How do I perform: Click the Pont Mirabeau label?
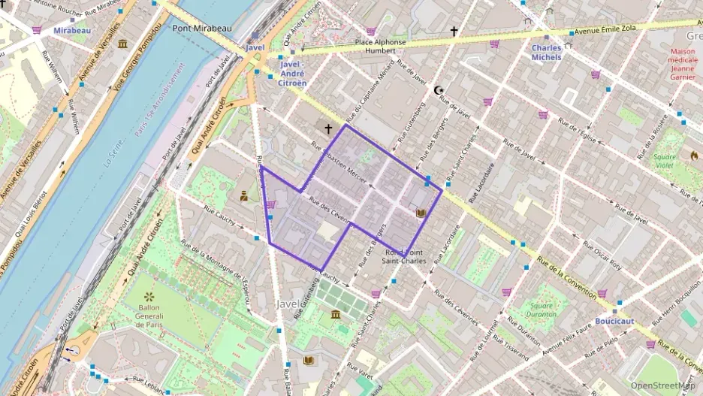coord(202,28)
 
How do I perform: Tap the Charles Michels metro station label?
coord(546,53)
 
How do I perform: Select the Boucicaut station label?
coord(614,321)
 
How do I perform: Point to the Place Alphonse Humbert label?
coord(380,47)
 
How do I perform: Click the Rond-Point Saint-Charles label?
coord(405,256)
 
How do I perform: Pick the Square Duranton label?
coord(541,310)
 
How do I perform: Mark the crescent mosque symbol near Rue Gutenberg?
coord(439,91)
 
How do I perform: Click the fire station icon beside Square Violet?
coord(694,156)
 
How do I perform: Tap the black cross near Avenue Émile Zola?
coord(453,32)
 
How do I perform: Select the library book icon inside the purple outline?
coord(421,213)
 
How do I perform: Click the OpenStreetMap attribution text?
coord(662,385)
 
